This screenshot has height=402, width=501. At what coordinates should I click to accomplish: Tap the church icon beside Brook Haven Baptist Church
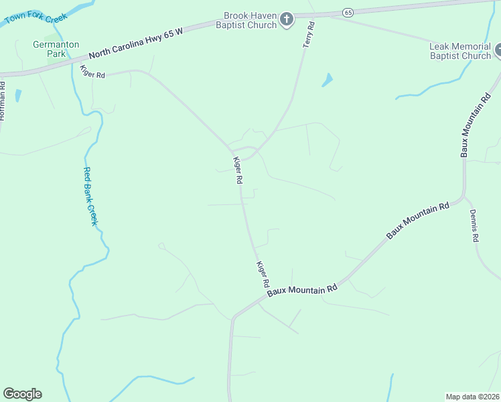coord(287,20)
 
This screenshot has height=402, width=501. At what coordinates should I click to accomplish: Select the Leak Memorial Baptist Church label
coord(460,51)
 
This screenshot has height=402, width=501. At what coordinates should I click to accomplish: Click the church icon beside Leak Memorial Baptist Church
coord(498,50)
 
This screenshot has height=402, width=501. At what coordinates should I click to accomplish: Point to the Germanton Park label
coord(56,49)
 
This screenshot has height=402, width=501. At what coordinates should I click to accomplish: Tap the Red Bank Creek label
coord(90,196)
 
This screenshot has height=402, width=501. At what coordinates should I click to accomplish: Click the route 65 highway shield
coord(348,12)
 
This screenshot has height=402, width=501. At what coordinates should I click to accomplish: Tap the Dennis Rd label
coord(474,226)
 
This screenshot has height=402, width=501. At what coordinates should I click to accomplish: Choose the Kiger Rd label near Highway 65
coord(92,72)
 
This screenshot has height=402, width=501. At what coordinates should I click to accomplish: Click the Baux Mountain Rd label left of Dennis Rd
coord(417,221)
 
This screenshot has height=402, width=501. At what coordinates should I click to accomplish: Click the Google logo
coord(22,394)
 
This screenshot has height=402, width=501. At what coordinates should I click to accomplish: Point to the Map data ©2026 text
coord(473,396)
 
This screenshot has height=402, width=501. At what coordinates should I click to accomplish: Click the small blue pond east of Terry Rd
coord(328,80)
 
